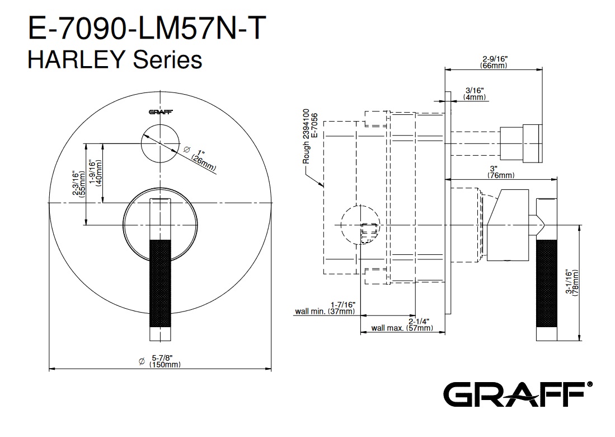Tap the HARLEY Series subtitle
click(115, 60)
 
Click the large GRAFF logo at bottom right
click(518, 394)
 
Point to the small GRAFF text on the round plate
click(161, 112)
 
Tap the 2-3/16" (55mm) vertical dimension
click(78, 184)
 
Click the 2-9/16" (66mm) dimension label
click(494, 62)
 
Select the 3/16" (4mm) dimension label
click(475, 94)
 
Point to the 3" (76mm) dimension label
click(501, 171)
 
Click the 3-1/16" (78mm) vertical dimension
click(572, 282)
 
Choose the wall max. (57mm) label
click(402, 324)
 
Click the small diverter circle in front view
click(161, 143)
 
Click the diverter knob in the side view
click(521, 143)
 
